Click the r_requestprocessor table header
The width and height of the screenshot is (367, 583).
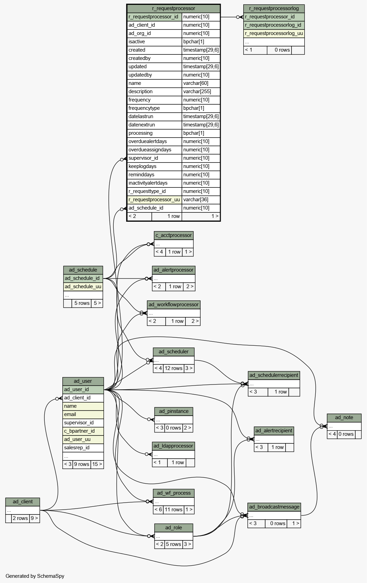pyautogui.click(x=174, y=8)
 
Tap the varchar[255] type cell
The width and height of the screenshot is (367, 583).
pyautogui.click(x=201, y=91)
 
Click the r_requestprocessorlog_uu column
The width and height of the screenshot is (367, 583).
pyautogui.click(x=274, y=33)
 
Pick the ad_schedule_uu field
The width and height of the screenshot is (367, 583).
pyautogui.click(x=83, y=286)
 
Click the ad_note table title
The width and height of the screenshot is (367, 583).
pyautogui.click(x=344, y=417)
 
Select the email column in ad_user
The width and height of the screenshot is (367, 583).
pyautogui.click(x=83, y=414)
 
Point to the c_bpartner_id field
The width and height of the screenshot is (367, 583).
pyautogui.click(x=83, y=431)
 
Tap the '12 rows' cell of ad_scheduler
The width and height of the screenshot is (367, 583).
pyautogui.click(x=174, y=368)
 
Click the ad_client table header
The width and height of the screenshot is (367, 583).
pyautogui.click(x=23, y=502)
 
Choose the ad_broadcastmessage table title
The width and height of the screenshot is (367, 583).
pyautogui.click(x=274, y=506)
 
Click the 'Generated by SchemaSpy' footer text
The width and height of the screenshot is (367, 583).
pyautogui.click(x=35, y=576)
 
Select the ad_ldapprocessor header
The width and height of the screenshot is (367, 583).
pyautogui.click(x=174, y=446)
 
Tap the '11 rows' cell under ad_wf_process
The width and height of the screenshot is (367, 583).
pyautogui.click(x=174, y=510)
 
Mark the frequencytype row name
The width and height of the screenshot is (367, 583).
pyautogui.click(x=144, y=108)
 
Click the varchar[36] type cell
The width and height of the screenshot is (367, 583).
pyautogui.click(x=201, y=200)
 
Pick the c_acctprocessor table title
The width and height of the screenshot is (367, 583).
pyautogui.click(x=174, y=235)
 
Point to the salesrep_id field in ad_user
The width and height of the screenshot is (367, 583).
pyautogui.click(x=83, y=448)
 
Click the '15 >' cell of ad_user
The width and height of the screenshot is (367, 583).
pyautogui.click(x=97, y=464)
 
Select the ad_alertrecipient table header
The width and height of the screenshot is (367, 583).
pyautogui.click(x=274, y=431)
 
